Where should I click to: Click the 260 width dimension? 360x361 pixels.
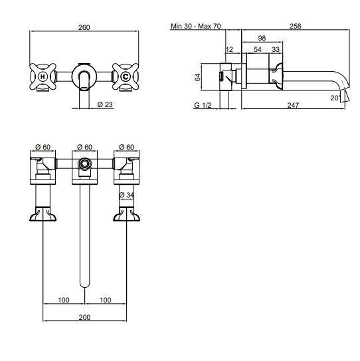pos(84,27)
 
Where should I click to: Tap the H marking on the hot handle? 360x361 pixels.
pos(43,76)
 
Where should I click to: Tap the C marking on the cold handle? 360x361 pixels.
pos(126,76)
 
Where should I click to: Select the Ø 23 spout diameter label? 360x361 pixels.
pos(105,104)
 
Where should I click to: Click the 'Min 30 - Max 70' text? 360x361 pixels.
pos(195,26)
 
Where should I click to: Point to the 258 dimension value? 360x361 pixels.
pos(295,26)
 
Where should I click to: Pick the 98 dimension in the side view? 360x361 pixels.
pos(262,38)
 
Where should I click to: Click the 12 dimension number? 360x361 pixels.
pos(229,49)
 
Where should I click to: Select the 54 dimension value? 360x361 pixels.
pos(258,49)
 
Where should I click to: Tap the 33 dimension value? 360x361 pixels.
pos(276,49)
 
